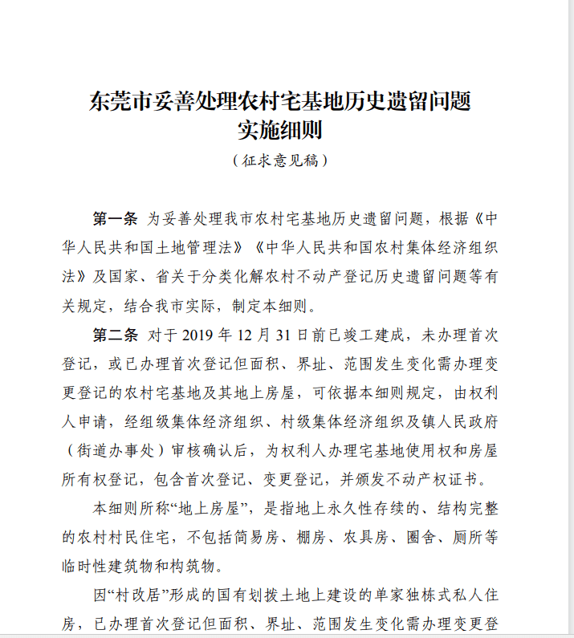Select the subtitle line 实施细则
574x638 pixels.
point(279,128)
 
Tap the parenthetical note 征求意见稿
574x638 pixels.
point(280,160)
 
